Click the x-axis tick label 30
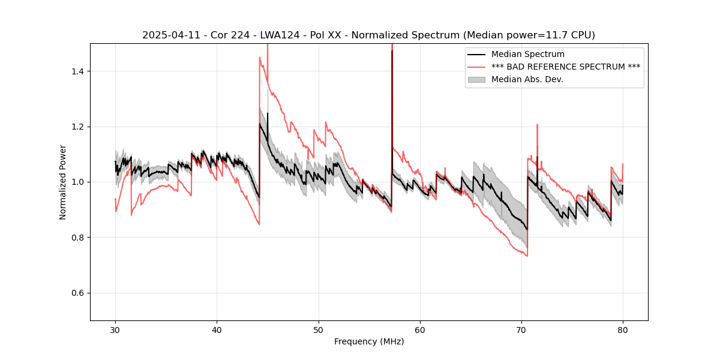point(115,329)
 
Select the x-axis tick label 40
point(217,329)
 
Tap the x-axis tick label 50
point(319,329)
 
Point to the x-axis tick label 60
point(420,329)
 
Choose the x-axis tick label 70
point(521,329)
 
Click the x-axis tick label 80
point(623,329)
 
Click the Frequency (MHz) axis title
point(369,341)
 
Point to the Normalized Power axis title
point(63,182)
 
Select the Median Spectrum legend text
point(527,55)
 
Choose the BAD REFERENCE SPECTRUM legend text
point(565,67)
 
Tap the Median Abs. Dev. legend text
point(527,79)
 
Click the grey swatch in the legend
point(478,79)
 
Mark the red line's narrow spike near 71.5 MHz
point(537,125)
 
